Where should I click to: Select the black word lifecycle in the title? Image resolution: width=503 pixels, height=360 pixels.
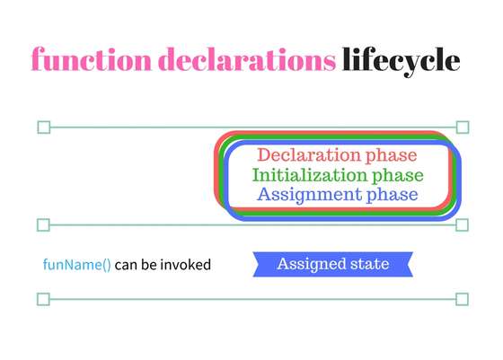[402, 60]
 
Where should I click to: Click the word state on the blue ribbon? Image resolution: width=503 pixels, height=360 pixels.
[369, 264]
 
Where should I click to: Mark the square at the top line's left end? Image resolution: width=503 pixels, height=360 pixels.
[43, 127]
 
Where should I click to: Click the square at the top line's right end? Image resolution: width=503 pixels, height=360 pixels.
[463, 127]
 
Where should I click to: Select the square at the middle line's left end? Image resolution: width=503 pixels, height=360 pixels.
[43, 224]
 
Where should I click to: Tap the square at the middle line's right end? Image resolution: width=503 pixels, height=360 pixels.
[463, 224]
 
